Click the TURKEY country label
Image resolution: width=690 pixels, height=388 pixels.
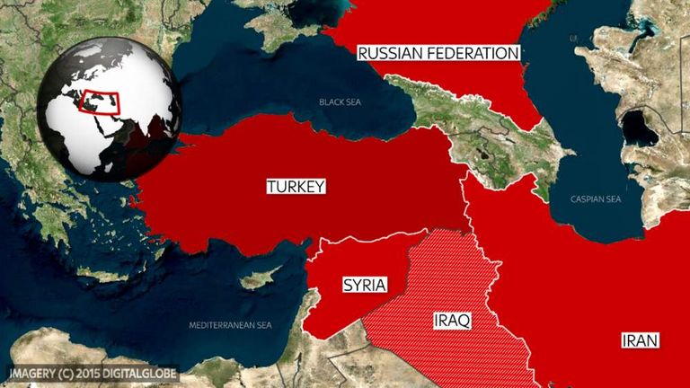[296, 187]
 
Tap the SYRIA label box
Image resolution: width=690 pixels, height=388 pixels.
[365, 286]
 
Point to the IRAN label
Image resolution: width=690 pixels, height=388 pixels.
[640, 339]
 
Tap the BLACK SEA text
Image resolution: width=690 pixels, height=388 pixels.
[340, 101]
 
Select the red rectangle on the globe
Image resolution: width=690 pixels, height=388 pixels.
[99, 100]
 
